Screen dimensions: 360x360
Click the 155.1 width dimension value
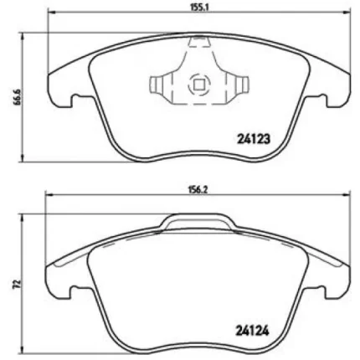click(x=199, y=10)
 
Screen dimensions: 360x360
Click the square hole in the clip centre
click(x=199, y=84)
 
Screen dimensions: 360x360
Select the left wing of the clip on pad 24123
click(x=160, y=85)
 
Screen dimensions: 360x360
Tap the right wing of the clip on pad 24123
click(x=239, y=85)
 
